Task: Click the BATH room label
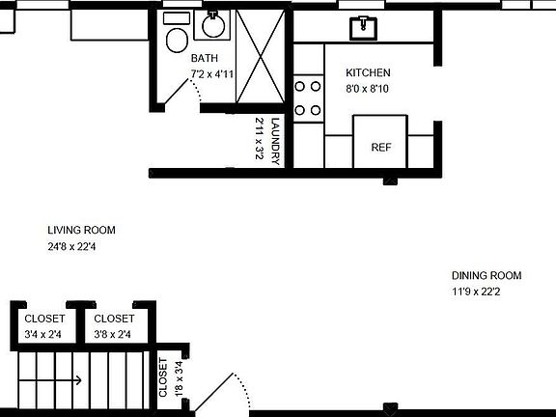point(204,59)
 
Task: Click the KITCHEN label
point(368,73)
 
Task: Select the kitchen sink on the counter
point(365,27)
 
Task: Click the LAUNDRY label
point(275,141)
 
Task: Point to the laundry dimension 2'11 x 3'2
point(260,139)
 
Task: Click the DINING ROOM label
point(486,275)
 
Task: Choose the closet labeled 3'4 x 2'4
point(44,326)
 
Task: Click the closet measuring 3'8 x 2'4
point(114,326)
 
